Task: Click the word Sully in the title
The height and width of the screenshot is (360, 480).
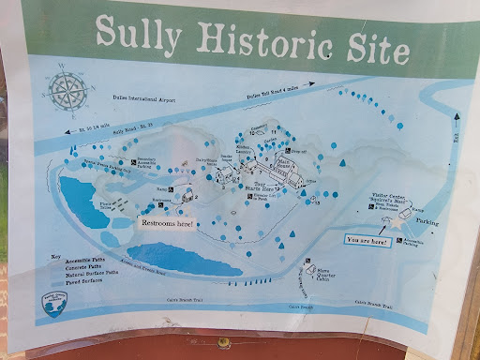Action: click(x=143, y=35)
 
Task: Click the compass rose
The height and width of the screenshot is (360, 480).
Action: click(x=67, y=90)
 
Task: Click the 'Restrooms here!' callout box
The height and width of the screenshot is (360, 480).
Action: click(x=167, y=223)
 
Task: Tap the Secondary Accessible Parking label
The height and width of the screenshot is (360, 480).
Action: click(x=150, y=161)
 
